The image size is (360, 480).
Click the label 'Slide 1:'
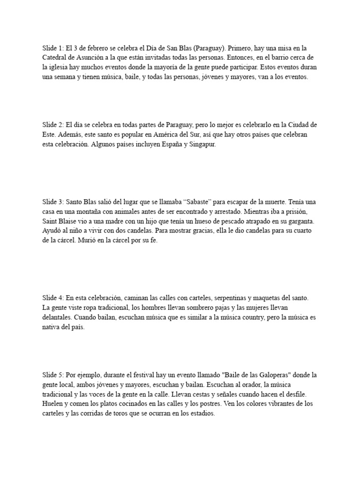pyautogui.click(x=53, y=48)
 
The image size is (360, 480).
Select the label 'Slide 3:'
pyautogui.click(x=53, y=202)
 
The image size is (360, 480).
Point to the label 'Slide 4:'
pyautogui.click(x=53, y=298)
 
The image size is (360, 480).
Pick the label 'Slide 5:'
pyautogui.click(x=53, y=375)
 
